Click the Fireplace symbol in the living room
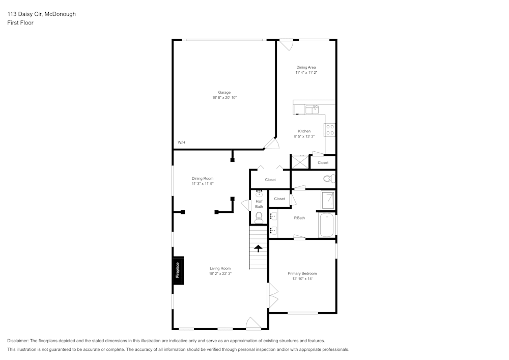[x=178, y=270]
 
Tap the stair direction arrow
[x=259, y=248]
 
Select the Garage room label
[x=224, y=92]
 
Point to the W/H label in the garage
[x=181, y=142]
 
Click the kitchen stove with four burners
[x=330, y=130]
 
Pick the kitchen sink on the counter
[x=312, y=108]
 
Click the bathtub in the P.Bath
[x=326, y=226]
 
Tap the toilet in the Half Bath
[x=259, y=217]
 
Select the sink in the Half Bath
[x=259, y=193]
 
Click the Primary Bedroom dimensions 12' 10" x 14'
[x=302, y=279]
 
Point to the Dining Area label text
[x=306, y=67]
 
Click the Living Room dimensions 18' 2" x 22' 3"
[x=220, y=273]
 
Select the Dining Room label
[x=202, y=178]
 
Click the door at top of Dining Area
[x=287, y=44]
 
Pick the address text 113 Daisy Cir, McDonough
[x=41, y=14]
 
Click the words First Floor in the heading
[x=20, y=23]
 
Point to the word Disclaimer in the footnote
[x=18, y=341]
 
